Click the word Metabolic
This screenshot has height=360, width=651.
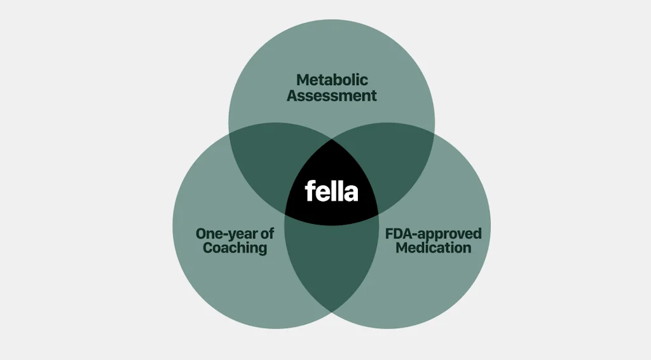332,81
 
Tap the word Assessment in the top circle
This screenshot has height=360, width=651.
332,97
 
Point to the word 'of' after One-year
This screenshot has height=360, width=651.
268,233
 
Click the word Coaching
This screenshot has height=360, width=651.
235,248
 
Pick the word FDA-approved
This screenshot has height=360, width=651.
434,233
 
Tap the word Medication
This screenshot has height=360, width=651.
434,248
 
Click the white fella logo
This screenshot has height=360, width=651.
331,191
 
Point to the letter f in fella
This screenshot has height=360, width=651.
310,191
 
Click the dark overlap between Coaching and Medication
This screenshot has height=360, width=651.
331,267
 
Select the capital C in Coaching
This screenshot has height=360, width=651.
209,248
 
